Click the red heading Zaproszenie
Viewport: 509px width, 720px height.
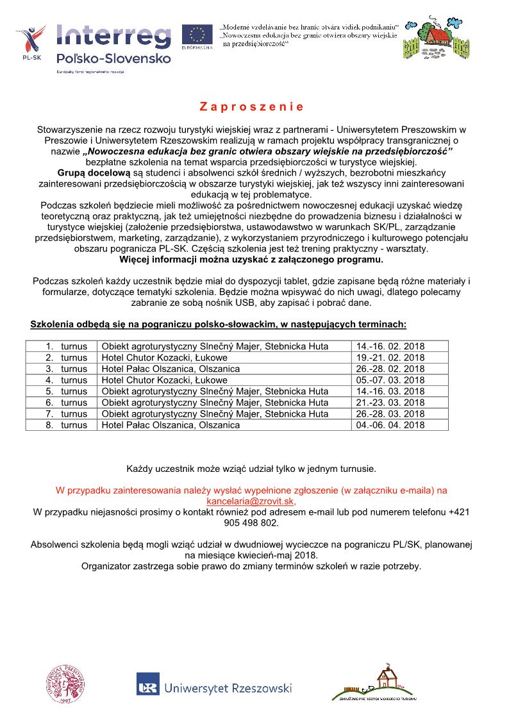click(x=251, y=106)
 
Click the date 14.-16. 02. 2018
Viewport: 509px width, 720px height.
click(x=390, y=347)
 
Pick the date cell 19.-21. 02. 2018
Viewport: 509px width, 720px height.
click(x=390, y=358)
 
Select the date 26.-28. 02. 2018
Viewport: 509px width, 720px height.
click(x=390, y=369)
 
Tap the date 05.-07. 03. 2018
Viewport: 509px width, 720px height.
click(x=390, y=380)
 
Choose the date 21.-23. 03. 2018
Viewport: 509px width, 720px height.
click(x=390, y=403)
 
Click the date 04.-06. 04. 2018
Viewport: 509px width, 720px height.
click(x=390, y=425)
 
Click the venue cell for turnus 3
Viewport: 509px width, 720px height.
click(x=171, y=369)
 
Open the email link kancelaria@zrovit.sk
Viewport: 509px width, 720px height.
click(x=251, y=501)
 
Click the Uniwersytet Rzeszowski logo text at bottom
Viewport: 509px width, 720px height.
click(x=228, y=688)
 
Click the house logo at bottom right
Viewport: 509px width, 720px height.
click(x=376, y=683)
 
